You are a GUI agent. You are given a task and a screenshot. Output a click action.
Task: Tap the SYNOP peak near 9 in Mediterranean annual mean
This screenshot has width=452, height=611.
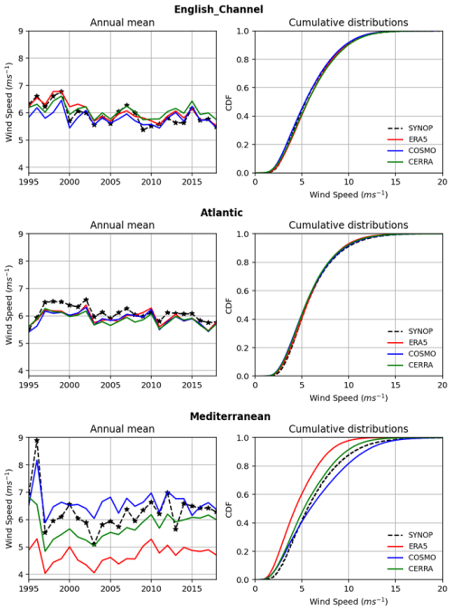36,441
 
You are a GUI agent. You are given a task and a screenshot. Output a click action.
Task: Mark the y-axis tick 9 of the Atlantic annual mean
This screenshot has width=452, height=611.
20,234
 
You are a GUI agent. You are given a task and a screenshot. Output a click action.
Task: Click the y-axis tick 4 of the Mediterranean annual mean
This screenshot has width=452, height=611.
20,574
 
